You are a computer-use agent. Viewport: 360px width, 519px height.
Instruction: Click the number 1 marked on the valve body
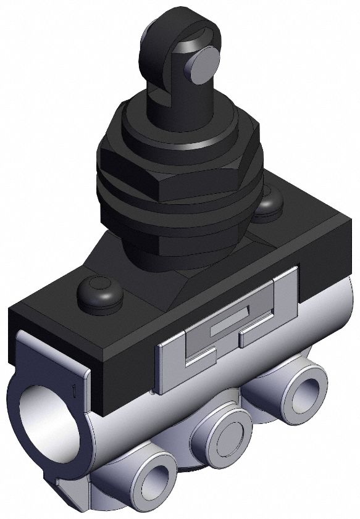point(73,390)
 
